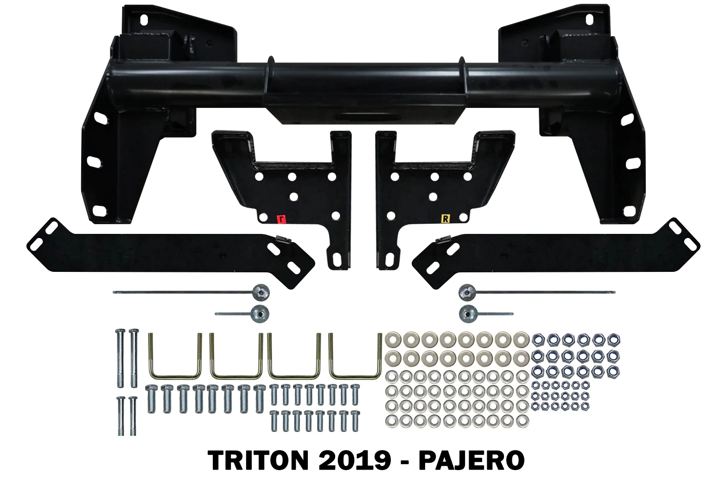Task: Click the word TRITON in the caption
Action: pyautogui.click(x=258, y=460)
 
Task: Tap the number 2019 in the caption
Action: pyautogui.click(x=355, y=460)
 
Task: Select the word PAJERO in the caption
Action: pyautogui.click(x=471, y=460)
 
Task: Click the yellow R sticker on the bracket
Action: pyautogui.click(x=446, y=219)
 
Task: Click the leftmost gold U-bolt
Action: pyautogui.click(x=175, y=356)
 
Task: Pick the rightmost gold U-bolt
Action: pyautogui.click(x=356, y=356)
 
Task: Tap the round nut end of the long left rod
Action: pyautogui.click(x=261, y=292)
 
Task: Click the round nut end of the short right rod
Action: pyautogui.click(x=468, y=314)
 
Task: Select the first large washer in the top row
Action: pyautogui.click(x=393, y=339)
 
